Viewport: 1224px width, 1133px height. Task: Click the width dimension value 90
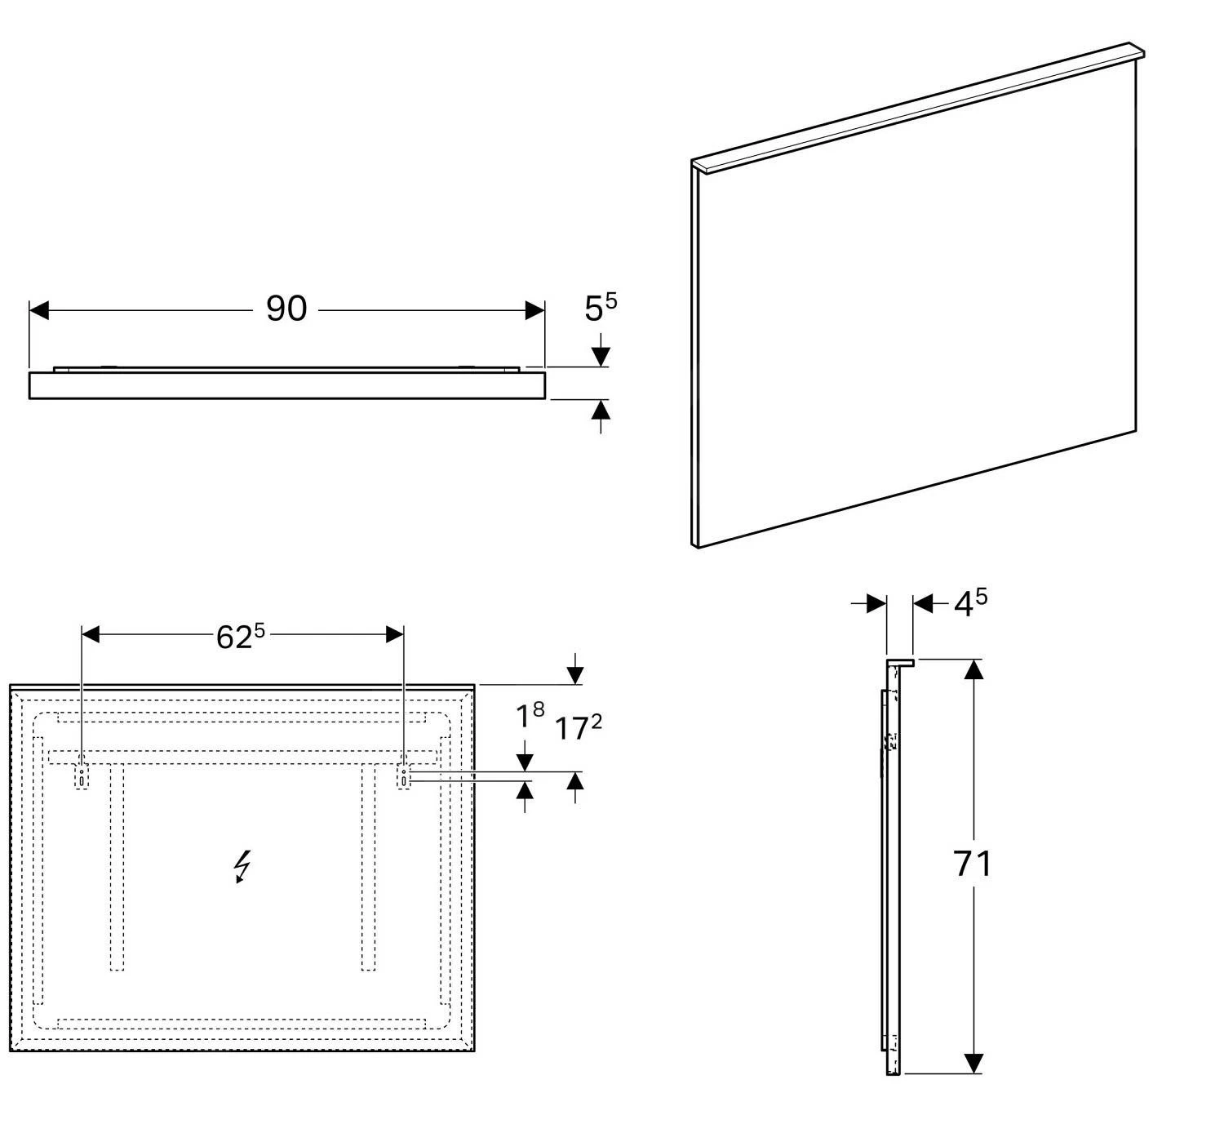[286, 309]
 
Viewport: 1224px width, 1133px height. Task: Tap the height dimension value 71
[973, 864]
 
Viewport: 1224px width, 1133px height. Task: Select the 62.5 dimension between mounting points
[241, 637]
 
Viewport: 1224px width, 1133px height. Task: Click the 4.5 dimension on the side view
[970, 604]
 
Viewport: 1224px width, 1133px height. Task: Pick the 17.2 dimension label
[578, 727]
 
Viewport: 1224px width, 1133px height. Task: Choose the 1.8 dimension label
[530, 716]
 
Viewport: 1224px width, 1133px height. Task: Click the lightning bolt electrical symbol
[242, 867]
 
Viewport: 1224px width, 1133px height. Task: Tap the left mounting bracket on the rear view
[81, 776]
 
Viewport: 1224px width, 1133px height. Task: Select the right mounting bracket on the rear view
[403, 776]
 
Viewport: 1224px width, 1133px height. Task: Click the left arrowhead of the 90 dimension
[39, 310]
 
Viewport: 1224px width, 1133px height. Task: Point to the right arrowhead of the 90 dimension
[534, 310]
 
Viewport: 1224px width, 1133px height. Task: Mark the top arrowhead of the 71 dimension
[973, 669]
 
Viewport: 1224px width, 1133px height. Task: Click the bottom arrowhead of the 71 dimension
[973, 1062]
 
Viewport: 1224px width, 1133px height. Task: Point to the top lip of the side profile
[901, 660]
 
